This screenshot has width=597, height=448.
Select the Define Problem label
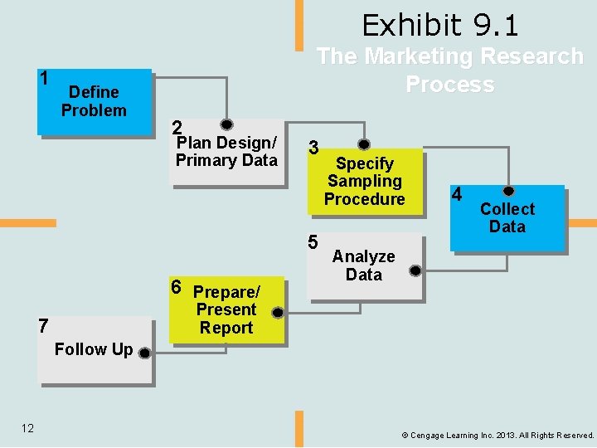(x=94, y=101)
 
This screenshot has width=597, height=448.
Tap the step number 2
(x=176, y=128)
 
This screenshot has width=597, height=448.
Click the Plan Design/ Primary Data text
(x=226, y=151)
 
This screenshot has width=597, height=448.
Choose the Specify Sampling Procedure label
(x=364, y=182)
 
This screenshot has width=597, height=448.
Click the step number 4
(x=456, y=196)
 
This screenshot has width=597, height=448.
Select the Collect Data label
(x=507, y=217)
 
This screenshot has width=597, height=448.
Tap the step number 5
(x=313, y=243)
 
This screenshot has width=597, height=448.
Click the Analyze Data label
(x=364, y=265)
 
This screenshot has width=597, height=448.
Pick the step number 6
(x=176, y=287)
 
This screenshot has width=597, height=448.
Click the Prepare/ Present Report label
(x=226, y=310)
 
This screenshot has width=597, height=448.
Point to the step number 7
(x=44, y=326)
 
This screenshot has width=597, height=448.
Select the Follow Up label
(x=93, y=349)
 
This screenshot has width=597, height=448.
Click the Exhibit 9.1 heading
(x=439, y=26)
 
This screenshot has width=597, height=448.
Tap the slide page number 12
(x=27, y=428)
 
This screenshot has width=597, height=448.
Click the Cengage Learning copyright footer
(x=498, y=435)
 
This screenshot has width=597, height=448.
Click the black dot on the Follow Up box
(x=144, y=353)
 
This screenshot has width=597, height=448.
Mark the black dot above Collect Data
(x=509, y=191)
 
